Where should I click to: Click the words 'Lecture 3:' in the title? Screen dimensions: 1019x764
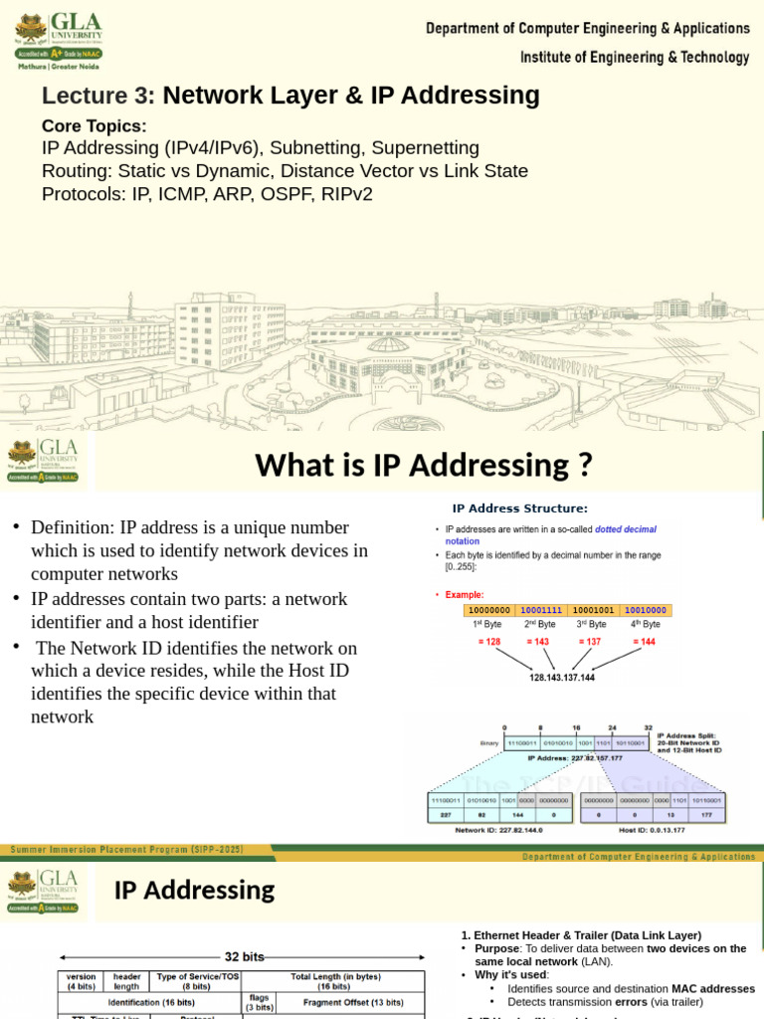pyautogui.click(x=98, y=97)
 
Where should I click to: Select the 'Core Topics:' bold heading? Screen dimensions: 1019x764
pyautogui.click(x=94, y=126)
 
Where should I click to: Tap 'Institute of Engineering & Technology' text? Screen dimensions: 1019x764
pyautogui.click(x=635, y=58)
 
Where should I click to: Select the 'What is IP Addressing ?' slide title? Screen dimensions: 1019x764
pyautogui.click(x=423, y=465)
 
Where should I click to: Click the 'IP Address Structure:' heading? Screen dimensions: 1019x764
pyautogui.click(x=519, y=509)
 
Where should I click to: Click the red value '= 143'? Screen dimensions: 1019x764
pyautogui.click(x=542, y=643)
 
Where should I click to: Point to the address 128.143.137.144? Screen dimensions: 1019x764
pyautogui.click(x=561, y=678)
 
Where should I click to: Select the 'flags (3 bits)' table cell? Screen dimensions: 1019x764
pyautogui.click(x=259, y=1000)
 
